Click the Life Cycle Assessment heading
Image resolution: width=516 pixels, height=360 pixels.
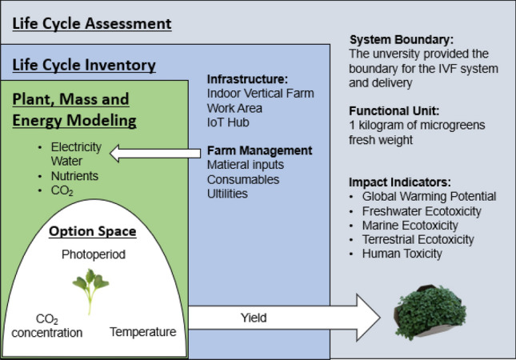[x=92, y=23]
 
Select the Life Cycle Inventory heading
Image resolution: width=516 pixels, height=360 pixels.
[x=84, y=65]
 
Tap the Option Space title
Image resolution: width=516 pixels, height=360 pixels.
[x=91, y=231]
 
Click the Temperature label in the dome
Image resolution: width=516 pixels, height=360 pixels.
[x=143, y=331]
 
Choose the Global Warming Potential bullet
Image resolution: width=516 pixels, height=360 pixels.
[x=429, y=196]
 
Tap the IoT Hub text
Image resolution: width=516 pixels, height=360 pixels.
[x=228, y=122]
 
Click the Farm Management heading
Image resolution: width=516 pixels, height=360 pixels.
[x=259, y=150]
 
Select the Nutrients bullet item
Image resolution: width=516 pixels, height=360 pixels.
[x=74, y=175]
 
